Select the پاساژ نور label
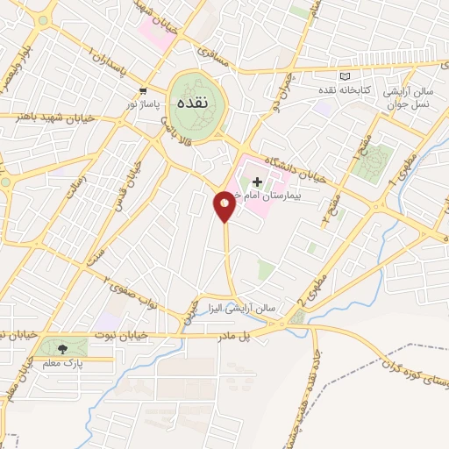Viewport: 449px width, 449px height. point(143,103)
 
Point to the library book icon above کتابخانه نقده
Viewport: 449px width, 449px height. point(343,77)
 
